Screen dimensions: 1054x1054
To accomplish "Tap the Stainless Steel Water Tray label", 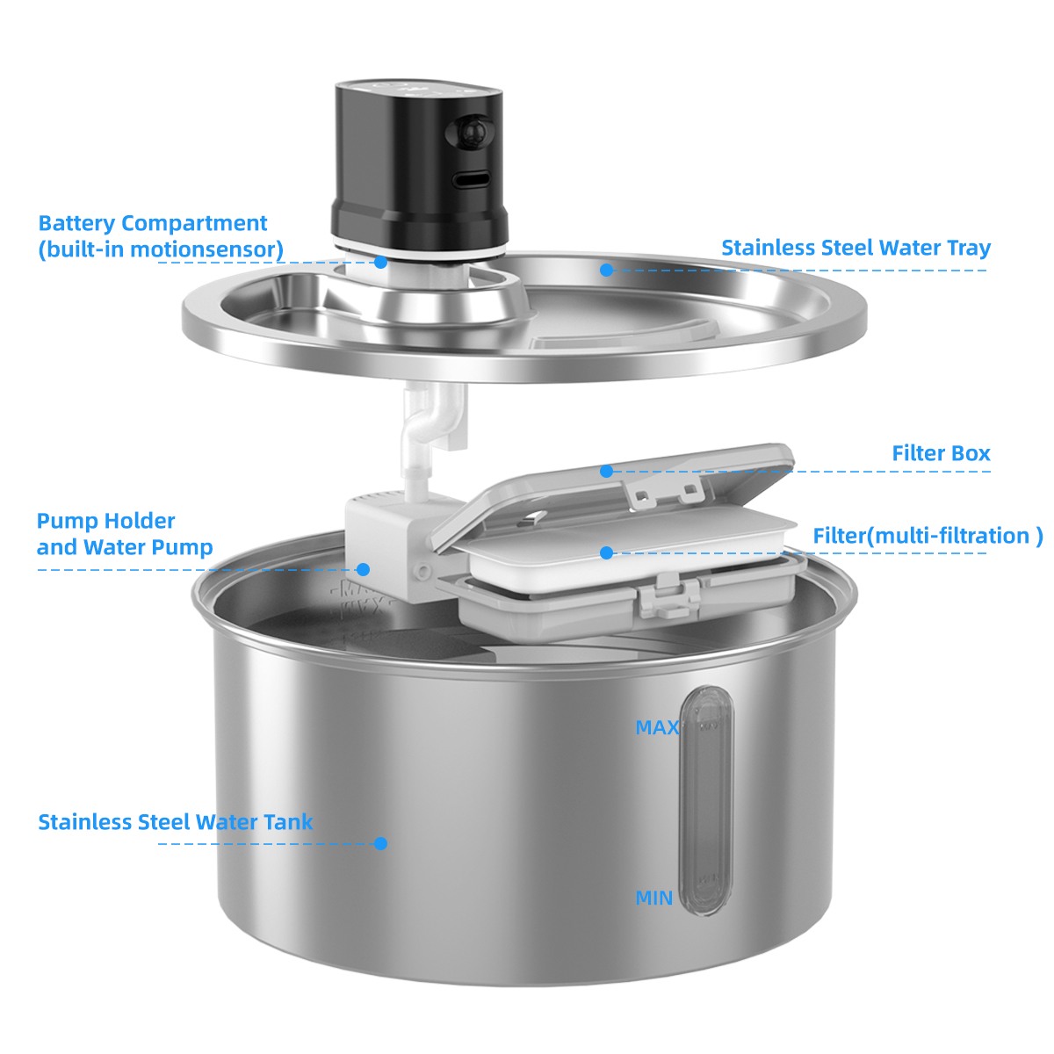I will [x=855, y=249].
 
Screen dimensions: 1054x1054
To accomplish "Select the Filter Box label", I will [x=941, y=454].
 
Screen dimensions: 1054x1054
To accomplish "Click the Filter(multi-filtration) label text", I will [x=927, y=536].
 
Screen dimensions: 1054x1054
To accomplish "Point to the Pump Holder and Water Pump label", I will [x=125, y=534].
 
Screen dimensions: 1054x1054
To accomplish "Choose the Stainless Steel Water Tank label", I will [x=175, y=822].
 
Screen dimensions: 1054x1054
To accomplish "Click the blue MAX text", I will [x=657, y=728].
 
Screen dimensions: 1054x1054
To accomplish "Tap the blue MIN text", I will [x=654, y=899].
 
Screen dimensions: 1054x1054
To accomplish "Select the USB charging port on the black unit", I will [x=472, y=180].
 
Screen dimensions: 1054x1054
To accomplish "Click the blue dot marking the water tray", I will [x=606, y=270].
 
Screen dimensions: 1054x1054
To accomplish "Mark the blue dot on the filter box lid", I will [x=606, y=472].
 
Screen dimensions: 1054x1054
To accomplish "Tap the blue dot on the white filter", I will [x=606, y=552].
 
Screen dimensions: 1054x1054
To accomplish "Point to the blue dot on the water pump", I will [x=364, y=569].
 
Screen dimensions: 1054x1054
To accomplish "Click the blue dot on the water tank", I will [x=380, y=843].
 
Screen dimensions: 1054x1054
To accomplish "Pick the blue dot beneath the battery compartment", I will [x=380, y=262].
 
